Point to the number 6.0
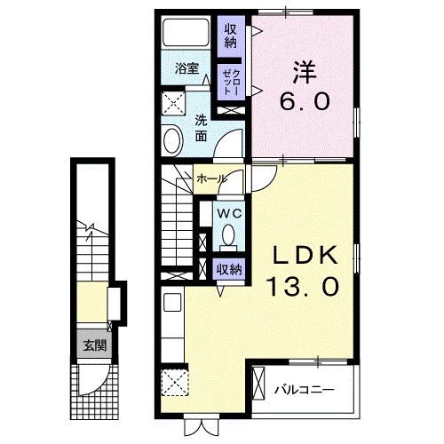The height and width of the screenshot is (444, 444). point(304,102)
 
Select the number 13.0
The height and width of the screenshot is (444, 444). point(303,288)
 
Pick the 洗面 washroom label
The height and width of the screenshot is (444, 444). point(202,129)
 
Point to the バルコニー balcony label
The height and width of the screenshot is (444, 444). point(304,389)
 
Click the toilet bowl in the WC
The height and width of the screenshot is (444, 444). point(228,237)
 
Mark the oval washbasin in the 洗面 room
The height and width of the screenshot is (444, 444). point(171,139)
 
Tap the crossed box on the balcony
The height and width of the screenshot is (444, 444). point(259,387)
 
